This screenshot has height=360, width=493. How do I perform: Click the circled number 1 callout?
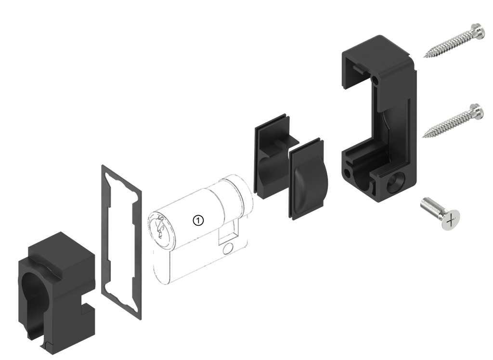coord(198,221)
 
